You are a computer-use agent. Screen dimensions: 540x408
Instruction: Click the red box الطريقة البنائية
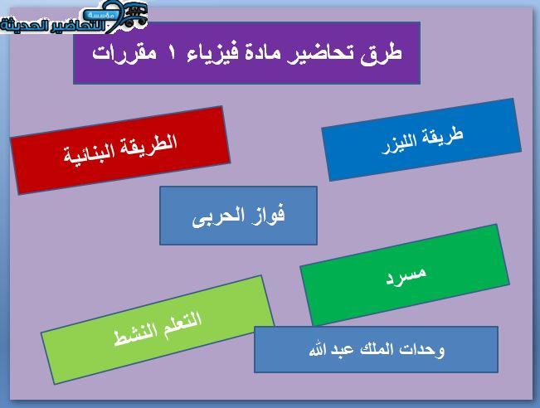[x=120, y=150]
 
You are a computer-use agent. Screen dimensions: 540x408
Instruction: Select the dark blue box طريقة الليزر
[x=421, y=139]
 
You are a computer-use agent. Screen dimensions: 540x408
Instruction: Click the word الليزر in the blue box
[x=399, y=143]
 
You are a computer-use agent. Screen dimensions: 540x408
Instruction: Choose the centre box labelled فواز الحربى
[x=238, y=216]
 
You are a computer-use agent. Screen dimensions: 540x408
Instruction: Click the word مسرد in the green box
[x=406, y=275]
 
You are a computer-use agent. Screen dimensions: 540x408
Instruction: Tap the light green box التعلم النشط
[x=158, y=329]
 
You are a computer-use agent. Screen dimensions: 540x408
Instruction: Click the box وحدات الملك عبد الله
[x=376, y=349]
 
